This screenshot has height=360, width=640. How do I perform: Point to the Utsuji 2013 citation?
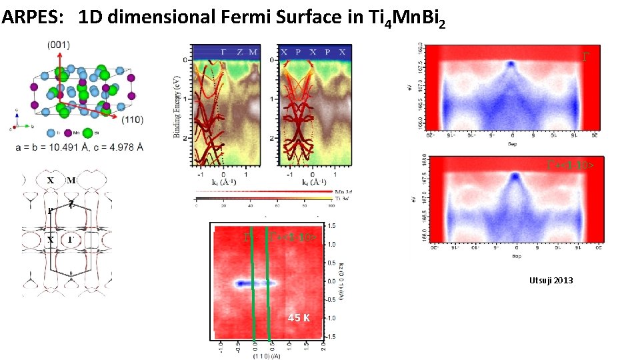(x=550, y=281)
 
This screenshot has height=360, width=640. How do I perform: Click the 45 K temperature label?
(x=298, y=318)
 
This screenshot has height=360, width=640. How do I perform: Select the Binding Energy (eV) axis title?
(x=177, y=107)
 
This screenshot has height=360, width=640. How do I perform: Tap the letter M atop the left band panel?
(x=253, y=52)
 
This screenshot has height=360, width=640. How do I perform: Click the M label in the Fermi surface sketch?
(x=71, y=181)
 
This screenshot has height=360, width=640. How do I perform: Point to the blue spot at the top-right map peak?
(x=511, y=64)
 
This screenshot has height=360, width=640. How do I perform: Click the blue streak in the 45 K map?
(x=253, y=283)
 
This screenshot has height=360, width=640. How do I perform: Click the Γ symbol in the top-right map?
(x=586, y=58)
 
